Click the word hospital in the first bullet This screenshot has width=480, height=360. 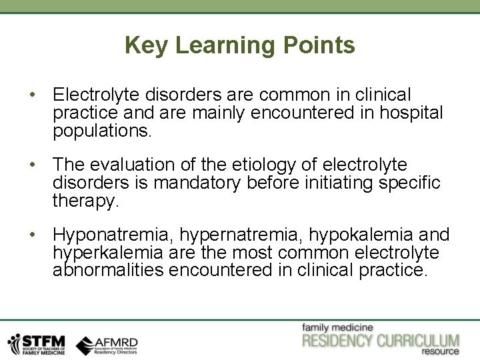pos(411,113)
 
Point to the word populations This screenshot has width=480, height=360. pos(103,131)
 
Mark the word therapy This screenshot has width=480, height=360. pos(86,201)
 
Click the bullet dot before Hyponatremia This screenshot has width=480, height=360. pos(33,235)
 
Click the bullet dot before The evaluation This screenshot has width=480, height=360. pos(33,164)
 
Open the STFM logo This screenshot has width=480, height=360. pos(37,343)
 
